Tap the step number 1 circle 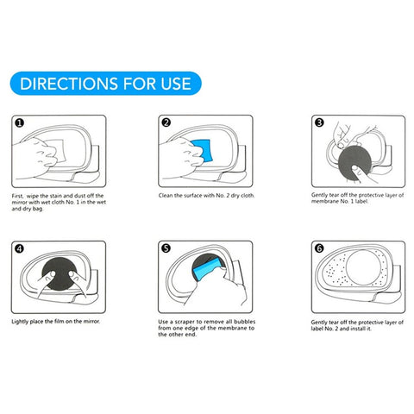(x=20, y=122)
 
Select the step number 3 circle (x=318, y=122)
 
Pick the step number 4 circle (x=20, y=251)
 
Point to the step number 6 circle (x=318, y=251)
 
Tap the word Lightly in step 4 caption (x=22, y=323)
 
